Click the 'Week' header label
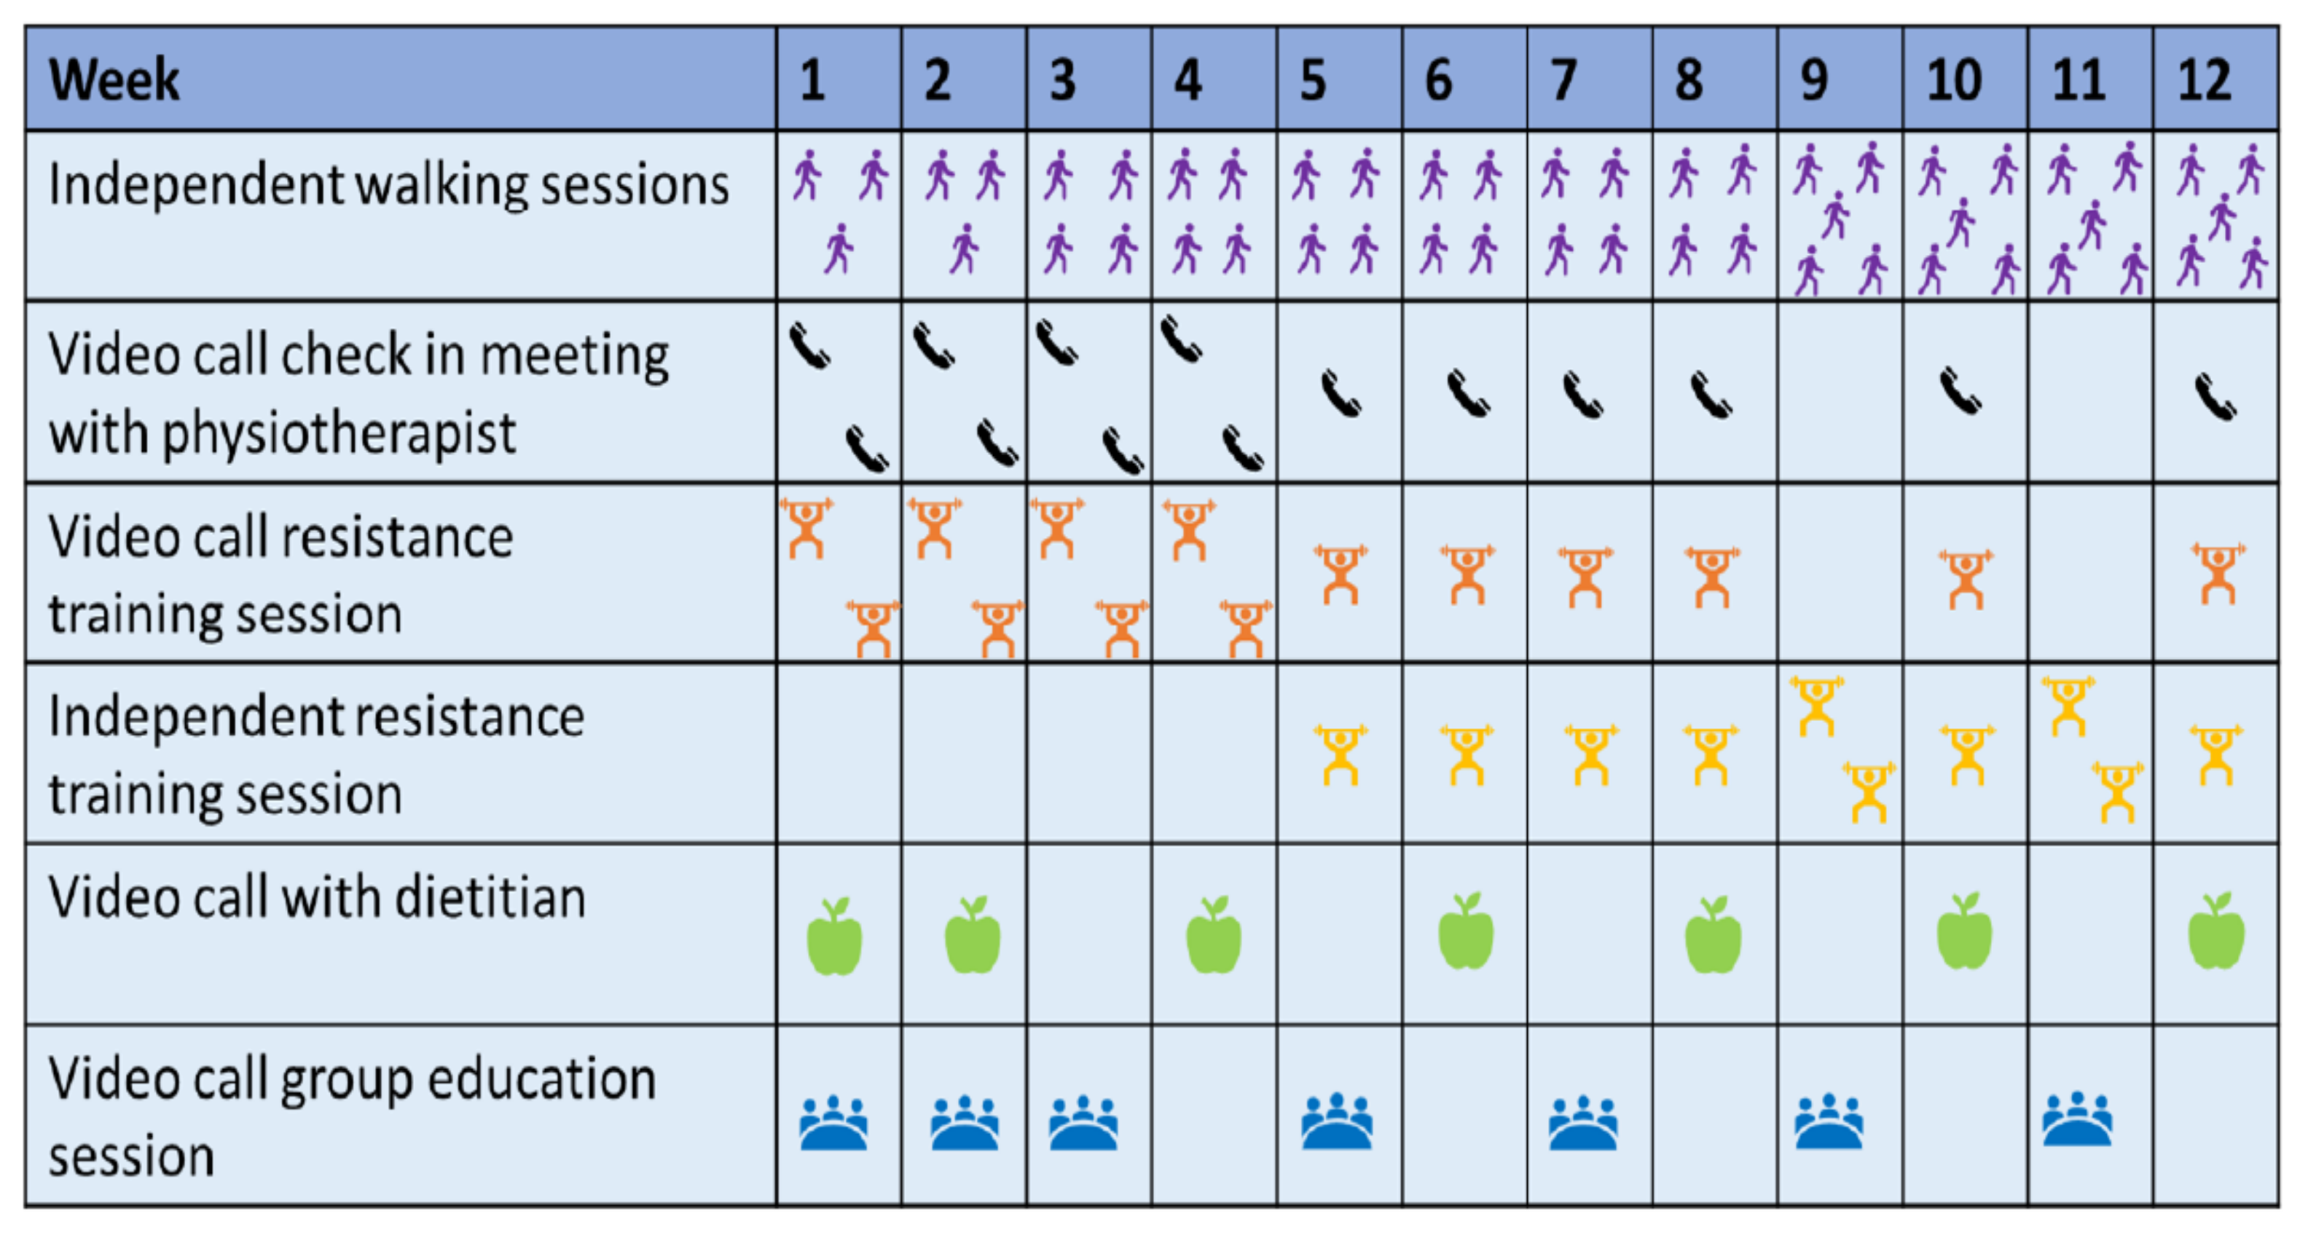(x=114, y=79)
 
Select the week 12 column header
(x=2204, y=79)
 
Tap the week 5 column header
(x=1313, y=79)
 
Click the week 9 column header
(x=1814, y=79)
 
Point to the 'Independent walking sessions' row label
(x=388, y=186)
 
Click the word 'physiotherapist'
(x=339, y=433)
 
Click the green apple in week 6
(x=1466, y=934)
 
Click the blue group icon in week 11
(x=2077, y=1120)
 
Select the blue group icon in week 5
(x=1337, y=1121)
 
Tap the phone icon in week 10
(x=1960, y=392)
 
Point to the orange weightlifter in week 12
(x=2218, y=573)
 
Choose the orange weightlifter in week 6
(x=1467, y=575)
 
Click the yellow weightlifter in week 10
(x=1966, y=755)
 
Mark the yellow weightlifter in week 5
(x=1341, y=755)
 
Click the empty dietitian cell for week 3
(x=1089, y=934)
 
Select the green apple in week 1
(x=834, y=937)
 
